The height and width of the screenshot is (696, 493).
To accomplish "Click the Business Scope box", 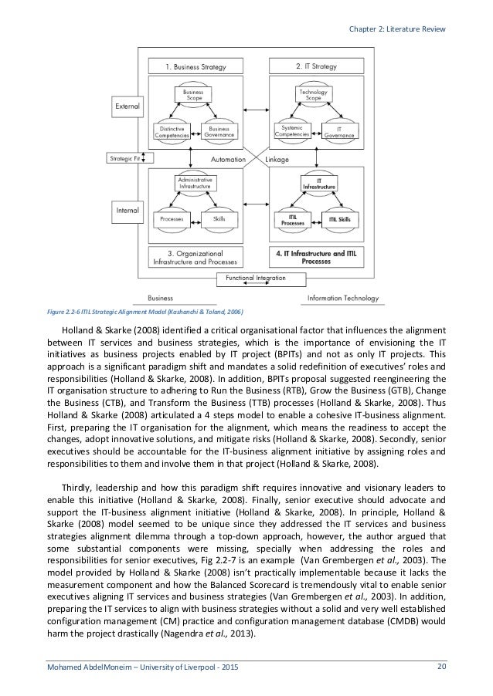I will [192, 94].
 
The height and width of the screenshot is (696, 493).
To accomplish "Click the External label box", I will [127, 103].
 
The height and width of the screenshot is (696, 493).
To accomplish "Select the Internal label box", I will [127, 209].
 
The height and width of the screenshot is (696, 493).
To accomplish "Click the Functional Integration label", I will [254, 278].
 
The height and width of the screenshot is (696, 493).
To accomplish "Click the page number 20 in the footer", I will [441, 666].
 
